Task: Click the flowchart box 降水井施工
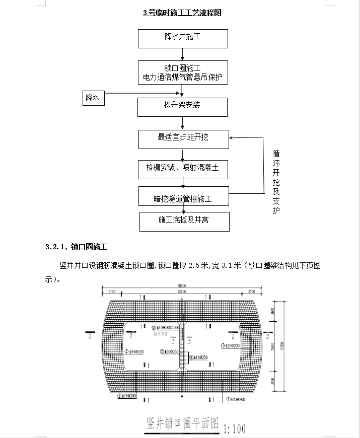183,38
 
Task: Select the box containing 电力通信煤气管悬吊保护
183,73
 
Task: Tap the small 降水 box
93,98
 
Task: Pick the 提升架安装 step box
183,106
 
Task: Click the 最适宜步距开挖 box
183,137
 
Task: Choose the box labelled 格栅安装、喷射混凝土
183,169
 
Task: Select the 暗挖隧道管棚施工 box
183,196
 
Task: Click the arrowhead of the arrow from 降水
181,94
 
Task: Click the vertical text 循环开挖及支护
276,181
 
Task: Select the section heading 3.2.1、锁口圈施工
76,247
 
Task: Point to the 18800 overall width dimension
181,285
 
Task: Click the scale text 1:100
234,429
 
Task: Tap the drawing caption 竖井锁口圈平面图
182,423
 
